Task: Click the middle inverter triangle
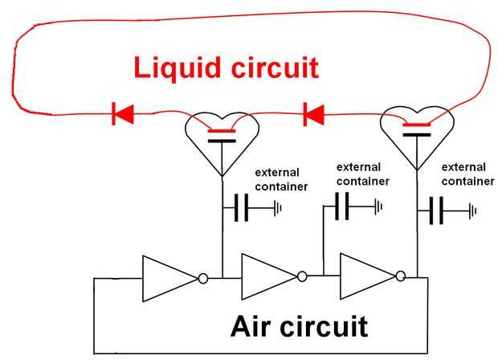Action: pyautogui.click(x=268, y=277)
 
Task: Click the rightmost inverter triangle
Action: pyautogui.click(x=367, y=277)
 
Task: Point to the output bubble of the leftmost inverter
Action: pyautogui.click(x=203, y=278)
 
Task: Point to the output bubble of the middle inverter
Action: pyautogui.click(x=303, y=277)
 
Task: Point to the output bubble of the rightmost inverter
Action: pyautogui.click(x=402, y=277)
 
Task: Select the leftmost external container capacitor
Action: pyautogui.click(x=243, y=210)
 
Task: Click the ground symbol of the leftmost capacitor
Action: pyautogui.click(x=277, y=210)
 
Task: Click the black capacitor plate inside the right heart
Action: pyautogui.click(x=415, y=134)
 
